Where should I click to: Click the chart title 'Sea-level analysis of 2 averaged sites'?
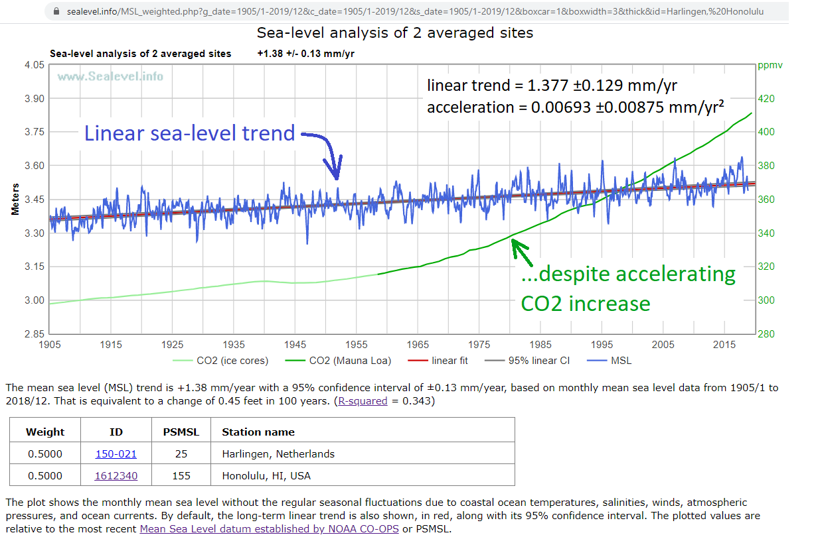coord(394,32)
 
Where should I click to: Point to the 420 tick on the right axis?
coord(766,99)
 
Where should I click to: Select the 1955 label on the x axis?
coord(357,345)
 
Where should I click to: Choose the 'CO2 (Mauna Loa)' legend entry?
coord(350,361)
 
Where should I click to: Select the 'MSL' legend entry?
coord(621,361)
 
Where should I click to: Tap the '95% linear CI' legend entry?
coord(538,361)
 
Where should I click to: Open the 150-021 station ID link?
coord(116,454)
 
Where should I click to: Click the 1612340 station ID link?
coord(116,475)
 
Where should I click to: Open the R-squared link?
coord(363,401)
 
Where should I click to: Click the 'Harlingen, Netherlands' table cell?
coord(278,454)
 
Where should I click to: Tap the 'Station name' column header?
coord(258,432)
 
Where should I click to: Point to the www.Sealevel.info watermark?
coord(110,76)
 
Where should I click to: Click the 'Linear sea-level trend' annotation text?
coord(189,133)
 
